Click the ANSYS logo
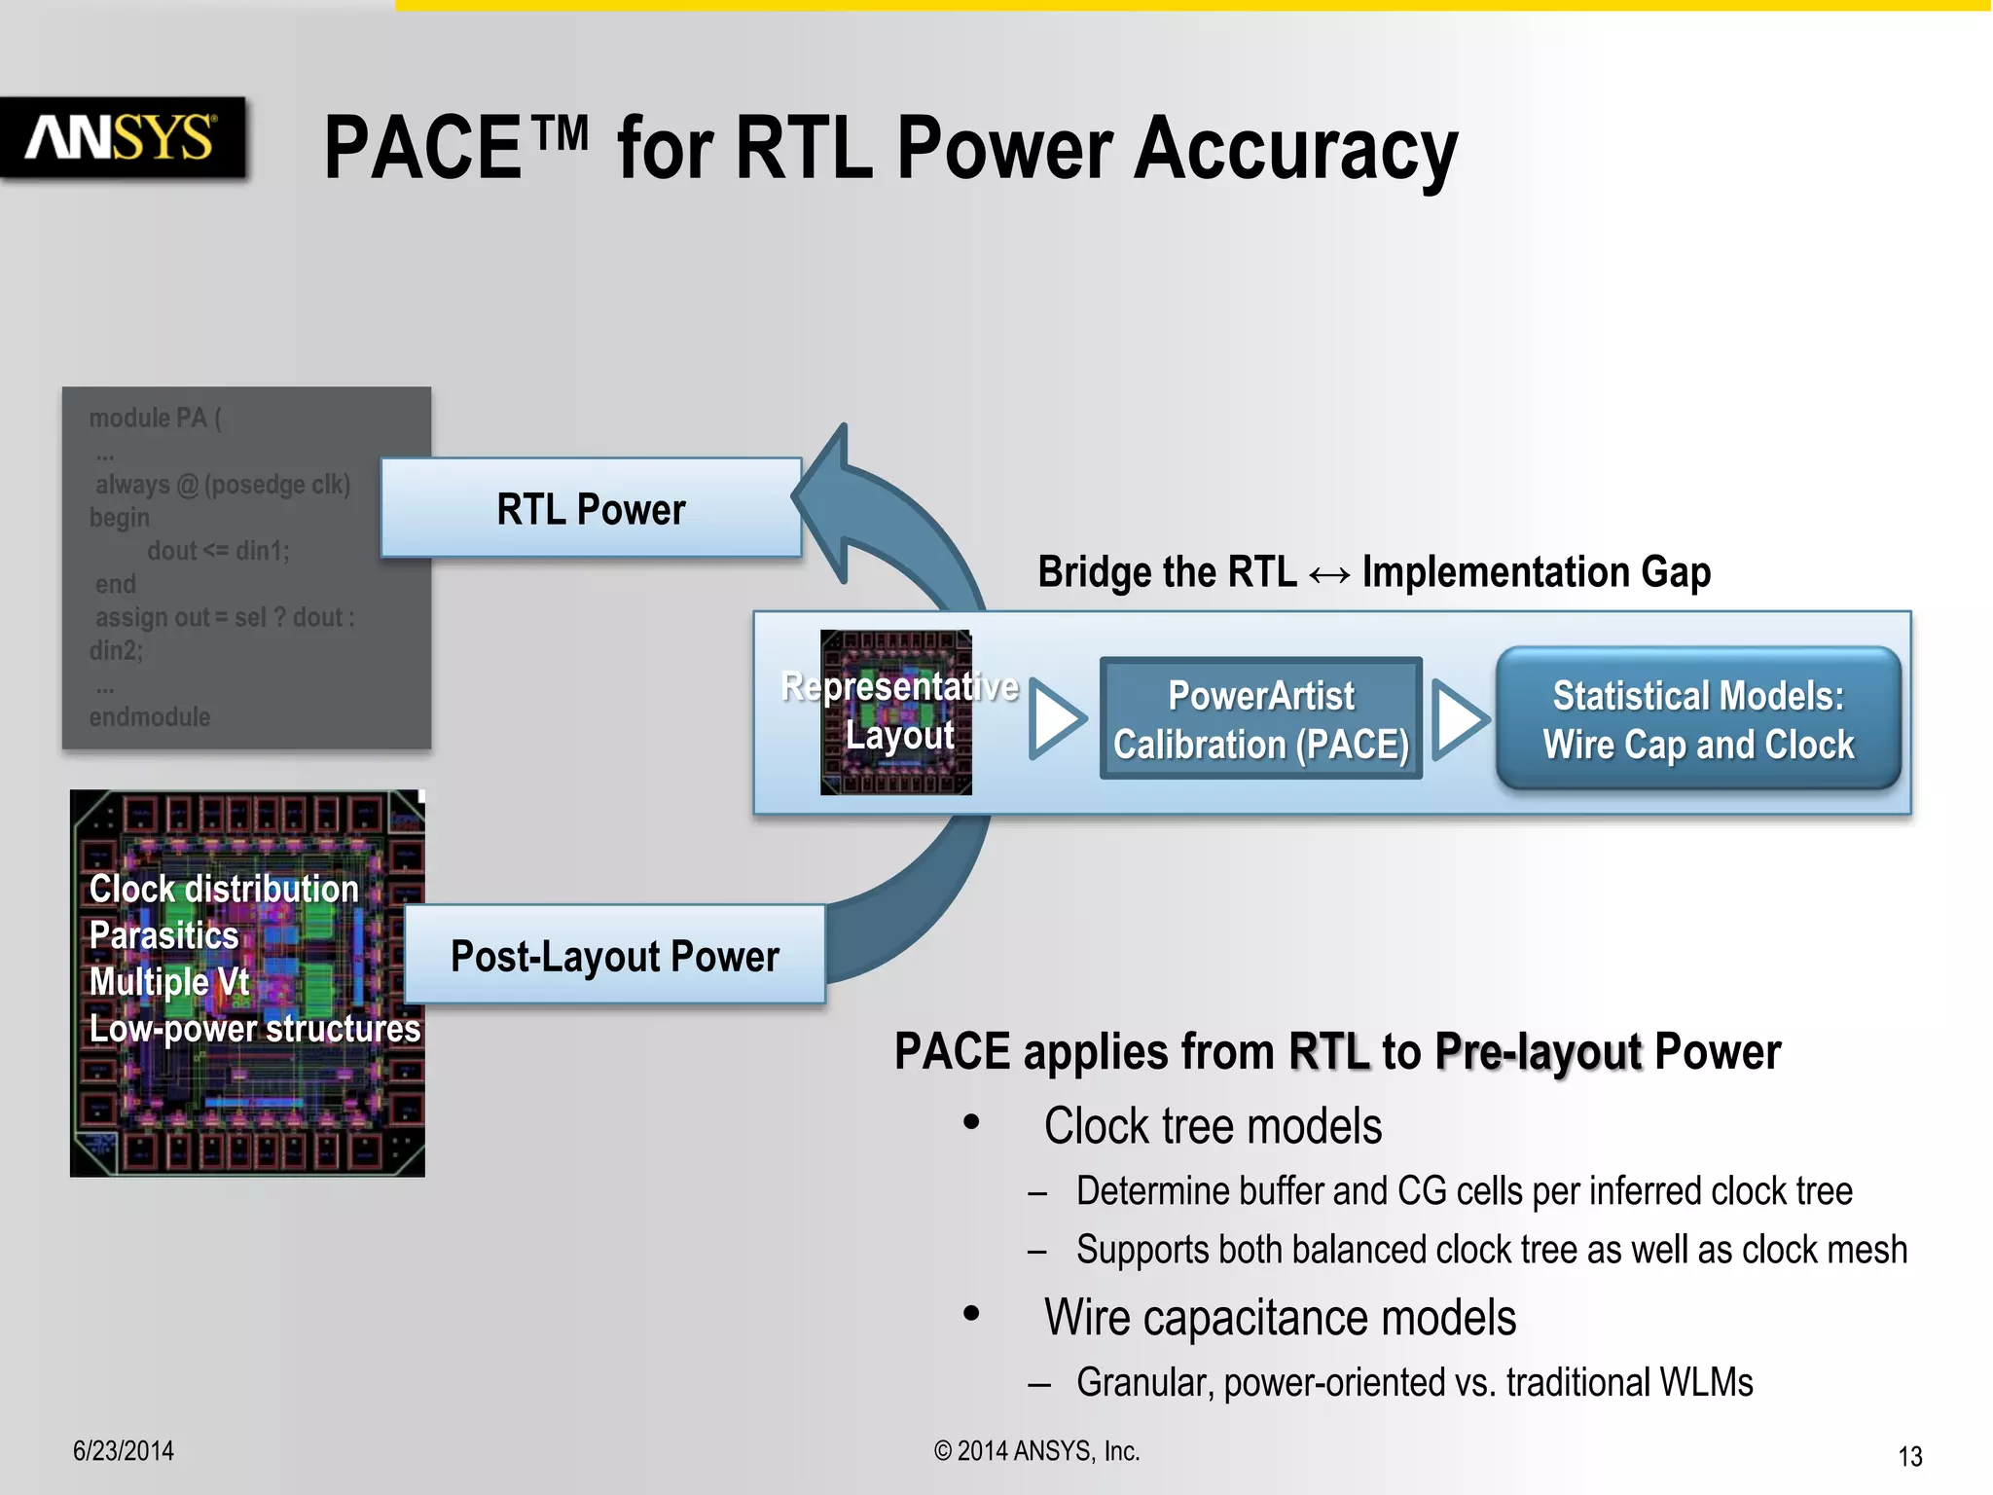pos(121,137)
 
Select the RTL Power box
pos(591,508)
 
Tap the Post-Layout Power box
pos(614,956)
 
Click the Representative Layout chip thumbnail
pos(896,712)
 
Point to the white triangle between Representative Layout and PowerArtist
pos(1056,718)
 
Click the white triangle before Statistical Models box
pos(1459,718)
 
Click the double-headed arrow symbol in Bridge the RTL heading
pos(1328,574)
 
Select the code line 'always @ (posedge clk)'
pos(223,485)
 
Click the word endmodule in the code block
pos(150,717)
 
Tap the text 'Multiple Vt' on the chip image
pos(169,981)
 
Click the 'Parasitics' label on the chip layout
pos(163,935)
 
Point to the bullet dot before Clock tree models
pos(971,1123)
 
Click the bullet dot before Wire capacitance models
pos(971,1314)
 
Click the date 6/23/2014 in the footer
pos(124,1451)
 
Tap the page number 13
pos(1909,1457)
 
